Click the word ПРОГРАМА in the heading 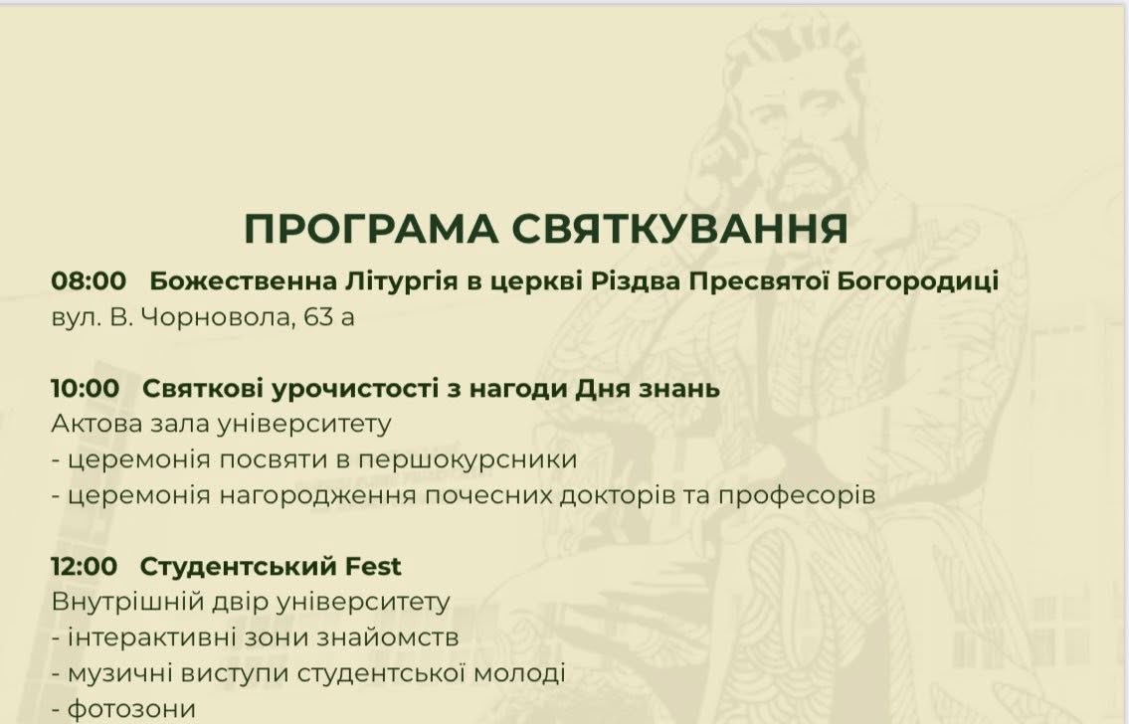point(371,229)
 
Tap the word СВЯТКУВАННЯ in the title point(680,229)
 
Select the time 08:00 point(89,280)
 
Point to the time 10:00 point(85,388)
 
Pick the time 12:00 point(84,567)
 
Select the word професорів point(797,496)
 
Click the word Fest point(373,567)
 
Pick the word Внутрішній point(127,603)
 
